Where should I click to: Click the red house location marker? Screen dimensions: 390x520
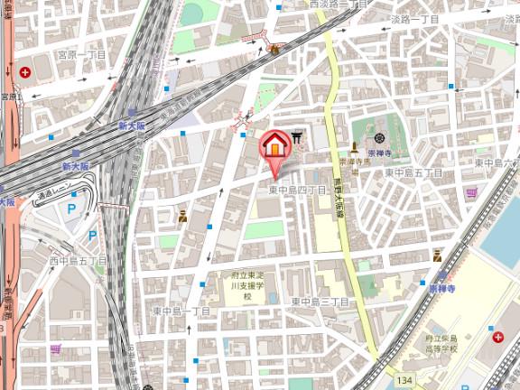pos(274,145)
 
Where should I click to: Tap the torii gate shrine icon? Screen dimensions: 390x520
pos(296,137)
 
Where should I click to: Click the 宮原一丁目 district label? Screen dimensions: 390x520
pos(82,55)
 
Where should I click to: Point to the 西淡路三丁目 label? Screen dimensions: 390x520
pos(337,5)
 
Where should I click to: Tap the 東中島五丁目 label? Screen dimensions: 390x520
pos(413,172)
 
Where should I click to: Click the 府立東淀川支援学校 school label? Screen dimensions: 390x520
pos(243,290)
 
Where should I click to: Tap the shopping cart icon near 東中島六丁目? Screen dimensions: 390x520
pos(471,193)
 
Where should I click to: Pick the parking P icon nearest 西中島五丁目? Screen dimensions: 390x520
pos(92,236)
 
